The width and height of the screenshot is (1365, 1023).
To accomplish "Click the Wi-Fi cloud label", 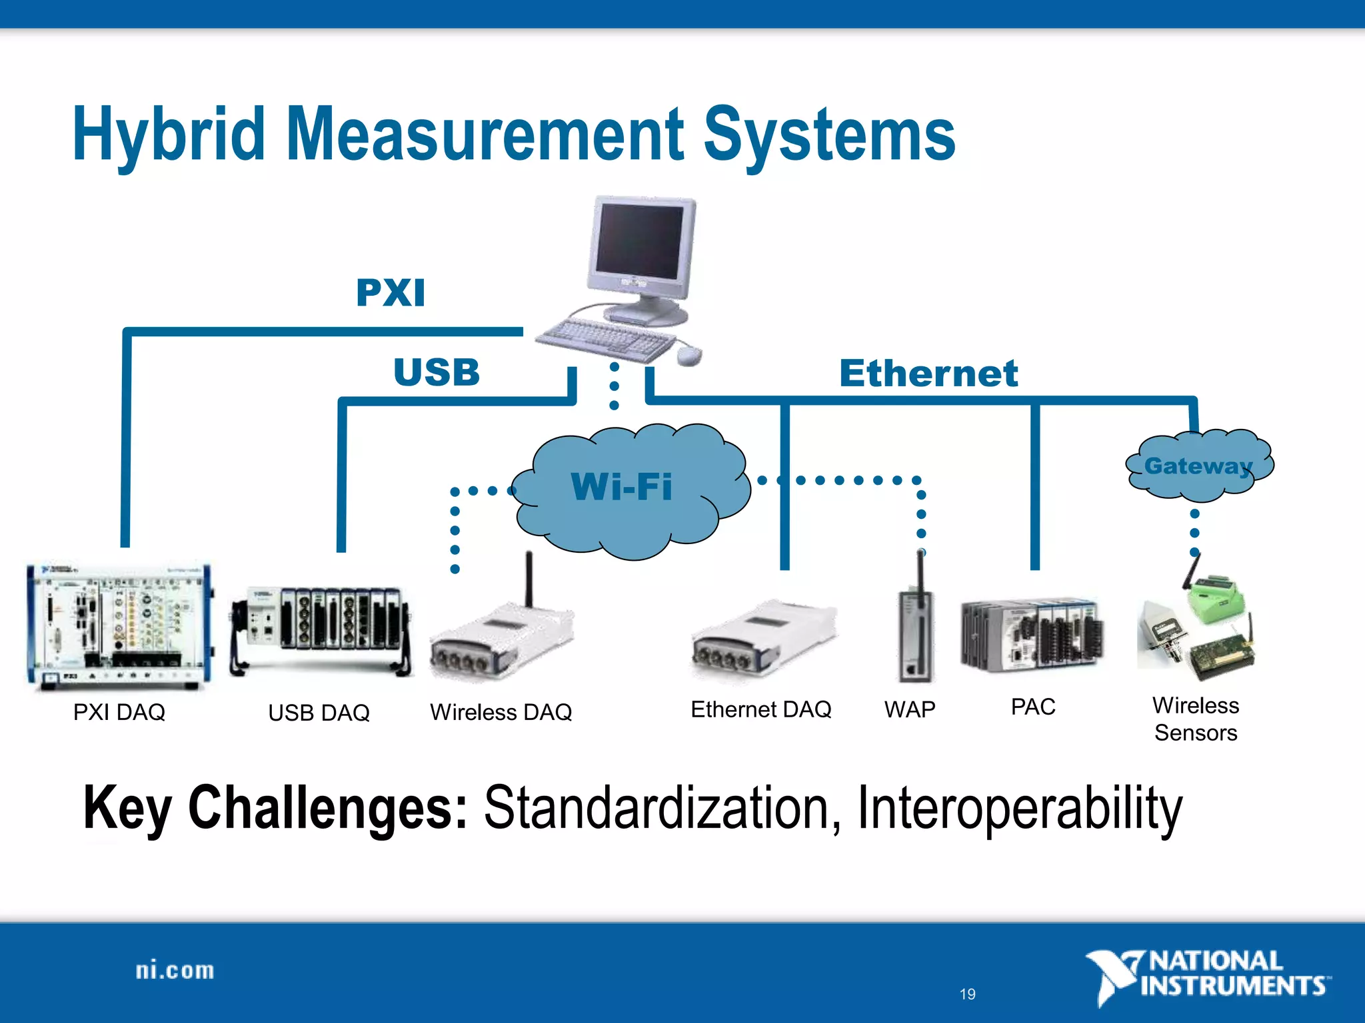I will [621, 486].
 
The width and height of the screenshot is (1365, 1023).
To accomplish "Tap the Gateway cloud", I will [1199, 466].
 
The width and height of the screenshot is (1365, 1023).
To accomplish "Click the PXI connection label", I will [391, 293].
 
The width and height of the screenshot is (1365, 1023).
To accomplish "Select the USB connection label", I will [437, 372].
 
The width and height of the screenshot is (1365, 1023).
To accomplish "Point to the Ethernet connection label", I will [928, 373].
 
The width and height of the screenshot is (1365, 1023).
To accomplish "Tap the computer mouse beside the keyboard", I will [689, 355].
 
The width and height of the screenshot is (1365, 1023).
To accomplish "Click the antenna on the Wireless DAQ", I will [529, 578].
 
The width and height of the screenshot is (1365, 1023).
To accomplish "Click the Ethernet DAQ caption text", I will [761, 709].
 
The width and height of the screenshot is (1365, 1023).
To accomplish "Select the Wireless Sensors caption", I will [1196, 719].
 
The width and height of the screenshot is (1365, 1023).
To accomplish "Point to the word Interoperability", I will [1020, 808].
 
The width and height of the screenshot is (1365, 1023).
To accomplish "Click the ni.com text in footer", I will [175, 970].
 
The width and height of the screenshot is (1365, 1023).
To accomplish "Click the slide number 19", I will [967, 994].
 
